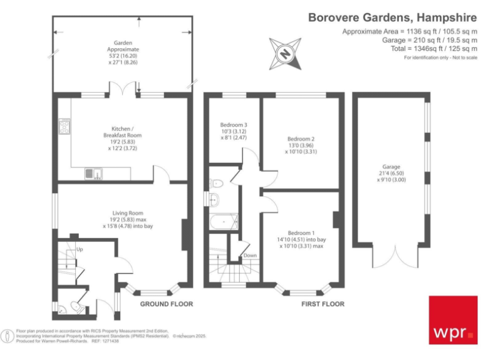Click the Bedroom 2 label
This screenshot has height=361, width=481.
tap(301, 144)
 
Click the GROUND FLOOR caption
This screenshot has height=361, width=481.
tap(167, 304)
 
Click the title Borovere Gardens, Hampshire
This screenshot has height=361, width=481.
tap(393, 18)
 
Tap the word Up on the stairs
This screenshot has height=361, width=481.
tap(79, 249)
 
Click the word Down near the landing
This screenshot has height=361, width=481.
tap(250, 255)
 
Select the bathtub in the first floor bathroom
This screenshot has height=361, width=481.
tap(224, 221)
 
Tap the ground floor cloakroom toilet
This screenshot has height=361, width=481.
tap(75, 306)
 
